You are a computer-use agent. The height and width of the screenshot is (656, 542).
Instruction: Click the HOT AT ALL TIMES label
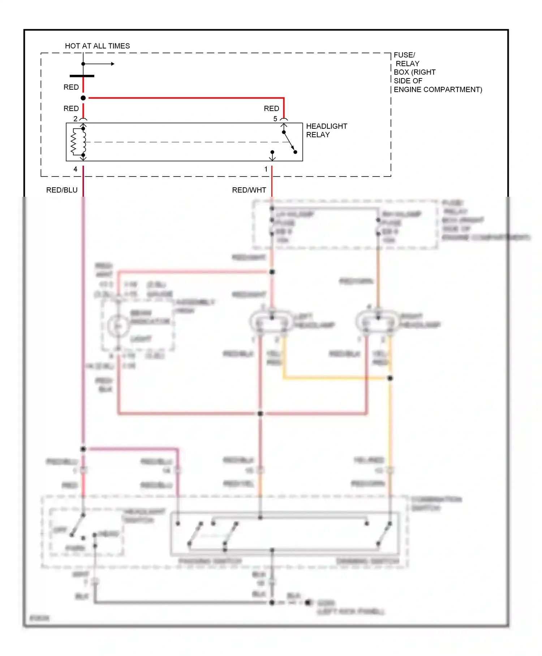(97, 46)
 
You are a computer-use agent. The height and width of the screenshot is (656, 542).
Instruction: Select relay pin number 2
(75, 119)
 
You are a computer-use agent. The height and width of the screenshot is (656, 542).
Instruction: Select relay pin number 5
(275, 119)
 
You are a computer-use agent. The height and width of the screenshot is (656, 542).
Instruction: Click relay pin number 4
(75, 169)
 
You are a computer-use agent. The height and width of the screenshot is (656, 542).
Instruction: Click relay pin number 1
(266, 169)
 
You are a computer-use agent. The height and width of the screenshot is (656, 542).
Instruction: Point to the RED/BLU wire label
(62, 190)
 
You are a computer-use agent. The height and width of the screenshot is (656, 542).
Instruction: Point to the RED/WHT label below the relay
(249, 190)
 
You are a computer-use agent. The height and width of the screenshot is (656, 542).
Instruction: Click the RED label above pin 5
(271, 108)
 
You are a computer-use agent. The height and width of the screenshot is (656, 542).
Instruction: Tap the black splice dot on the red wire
(83, 98)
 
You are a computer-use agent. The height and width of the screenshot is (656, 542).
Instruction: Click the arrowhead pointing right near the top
(113, 64)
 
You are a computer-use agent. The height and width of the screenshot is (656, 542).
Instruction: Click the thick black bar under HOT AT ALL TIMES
(82, 76)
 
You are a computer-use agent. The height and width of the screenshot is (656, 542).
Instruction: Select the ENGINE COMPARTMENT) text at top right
(438, 89)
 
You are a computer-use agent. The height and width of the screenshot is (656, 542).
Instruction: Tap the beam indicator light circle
(118, 326)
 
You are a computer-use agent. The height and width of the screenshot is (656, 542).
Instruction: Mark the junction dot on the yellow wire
(390, 378)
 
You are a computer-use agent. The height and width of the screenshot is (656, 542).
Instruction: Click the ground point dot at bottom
(308, 602)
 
